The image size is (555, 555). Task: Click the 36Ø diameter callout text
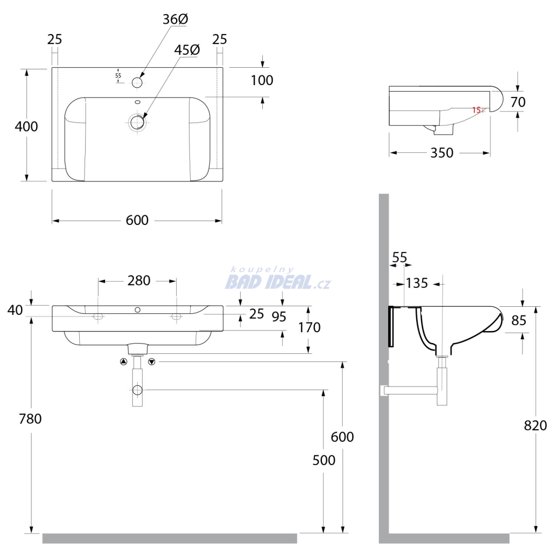click(x=175, y=20)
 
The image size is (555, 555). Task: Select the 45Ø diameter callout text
click(x=187, y=50)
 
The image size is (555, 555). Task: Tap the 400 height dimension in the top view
click(x=26, y=126)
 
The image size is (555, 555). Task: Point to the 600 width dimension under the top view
click(x=137, y=220)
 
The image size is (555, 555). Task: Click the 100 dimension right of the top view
click(x=262, y=80)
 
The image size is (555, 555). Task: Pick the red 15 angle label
click(x=476, y=110)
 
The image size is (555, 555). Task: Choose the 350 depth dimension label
click(x=442, y=153)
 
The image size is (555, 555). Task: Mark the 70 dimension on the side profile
click(x=518, y=102)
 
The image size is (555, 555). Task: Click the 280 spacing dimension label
click(x=139, y=281)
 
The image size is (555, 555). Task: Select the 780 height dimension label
click(x=30, y=419)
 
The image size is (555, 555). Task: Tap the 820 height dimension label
click(x=535, y=425)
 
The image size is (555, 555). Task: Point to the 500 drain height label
click(x=324, y=460)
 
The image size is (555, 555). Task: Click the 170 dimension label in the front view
click(x=309, y=327)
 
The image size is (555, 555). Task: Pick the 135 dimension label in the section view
click(x=417, y=283)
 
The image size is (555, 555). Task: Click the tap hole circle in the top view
click(x=137, y=82)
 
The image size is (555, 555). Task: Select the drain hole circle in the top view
click(x=137, y=122)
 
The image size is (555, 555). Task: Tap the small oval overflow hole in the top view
click(x=138, y=102)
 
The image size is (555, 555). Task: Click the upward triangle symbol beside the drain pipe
click(x=124, y=362)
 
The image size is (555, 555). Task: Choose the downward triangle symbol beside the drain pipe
click(x=152, y=362)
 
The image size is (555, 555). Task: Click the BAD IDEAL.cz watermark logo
click(x=278, y=279)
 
